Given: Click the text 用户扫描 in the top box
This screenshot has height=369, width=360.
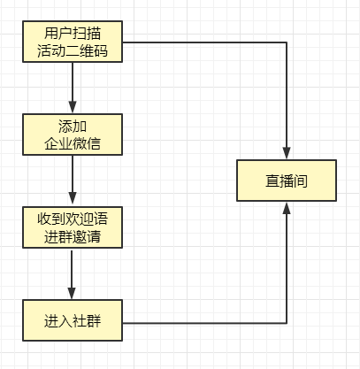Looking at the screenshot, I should pyautogui.click(x=72, y=34).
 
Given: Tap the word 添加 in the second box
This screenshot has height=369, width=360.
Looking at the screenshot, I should pyautogui.click(x=72, y=125).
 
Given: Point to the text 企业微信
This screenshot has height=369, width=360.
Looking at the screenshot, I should pyautogui.click(x=72, y=142).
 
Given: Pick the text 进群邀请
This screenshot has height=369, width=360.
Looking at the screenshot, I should pyautogui.click(x=72, y=236).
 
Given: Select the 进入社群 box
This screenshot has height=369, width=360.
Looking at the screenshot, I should pyautogui.click(x=72, y=320).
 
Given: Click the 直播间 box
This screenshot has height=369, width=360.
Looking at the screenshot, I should pyautogui.click(x=287, y=181).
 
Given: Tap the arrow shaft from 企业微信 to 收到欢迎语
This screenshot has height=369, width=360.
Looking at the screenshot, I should pyautogui.click(x=72, y=177).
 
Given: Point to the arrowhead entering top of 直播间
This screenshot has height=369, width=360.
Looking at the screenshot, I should pyautogui.click(x=287, y=151).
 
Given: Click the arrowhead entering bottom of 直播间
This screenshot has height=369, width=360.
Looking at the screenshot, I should pyautogui.click(x=287, y=210).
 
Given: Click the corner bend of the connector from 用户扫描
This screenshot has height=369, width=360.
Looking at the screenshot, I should pyautogui.click(x=287, y=42).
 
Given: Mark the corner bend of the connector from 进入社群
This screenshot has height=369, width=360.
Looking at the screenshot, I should pyautogui.click(x=287, y=320).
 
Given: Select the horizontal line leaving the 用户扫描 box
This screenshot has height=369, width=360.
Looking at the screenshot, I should pyautogui.click(x=203, y=42).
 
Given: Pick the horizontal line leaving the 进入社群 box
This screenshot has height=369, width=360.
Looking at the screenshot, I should pyautogui.click(x=203, y=320).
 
